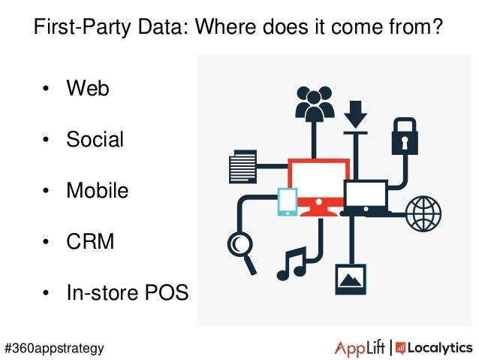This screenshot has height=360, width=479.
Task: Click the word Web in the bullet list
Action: [88, 89]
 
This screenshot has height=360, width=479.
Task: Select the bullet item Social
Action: [95, 140]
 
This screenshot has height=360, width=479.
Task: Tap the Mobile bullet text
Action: [97, 190]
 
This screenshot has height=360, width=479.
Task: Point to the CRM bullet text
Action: [90, 242]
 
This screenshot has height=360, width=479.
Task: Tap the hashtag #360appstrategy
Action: [54, 348]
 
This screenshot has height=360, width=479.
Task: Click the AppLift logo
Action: [359, 347]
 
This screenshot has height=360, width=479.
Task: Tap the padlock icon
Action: [404, 135]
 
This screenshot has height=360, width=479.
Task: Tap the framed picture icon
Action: [350, 277]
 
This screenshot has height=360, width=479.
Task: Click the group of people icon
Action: [314, 104]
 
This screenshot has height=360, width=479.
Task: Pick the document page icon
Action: [243, 166]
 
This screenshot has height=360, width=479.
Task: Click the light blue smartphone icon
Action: [288, 201]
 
